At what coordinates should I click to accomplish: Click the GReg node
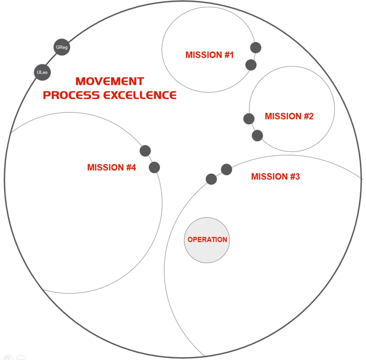62,47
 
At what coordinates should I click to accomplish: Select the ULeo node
42,72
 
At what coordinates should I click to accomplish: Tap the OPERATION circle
207,240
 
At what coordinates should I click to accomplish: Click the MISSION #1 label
209,55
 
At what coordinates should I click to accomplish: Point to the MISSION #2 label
289,116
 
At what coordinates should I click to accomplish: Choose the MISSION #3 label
276,176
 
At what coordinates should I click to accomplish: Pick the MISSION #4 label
111,167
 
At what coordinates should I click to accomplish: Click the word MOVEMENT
110,81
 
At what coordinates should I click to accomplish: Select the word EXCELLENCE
140,95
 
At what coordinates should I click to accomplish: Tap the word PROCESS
71,95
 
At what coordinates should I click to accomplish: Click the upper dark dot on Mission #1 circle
256,48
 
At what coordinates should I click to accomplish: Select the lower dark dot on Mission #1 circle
251,65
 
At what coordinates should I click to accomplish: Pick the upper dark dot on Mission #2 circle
249,119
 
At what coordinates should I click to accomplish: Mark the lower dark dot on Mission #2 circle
257,136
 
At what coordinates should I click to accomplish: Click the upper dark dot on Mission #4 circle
145,151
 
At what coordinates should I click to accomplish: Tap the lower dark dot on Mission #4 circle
154,167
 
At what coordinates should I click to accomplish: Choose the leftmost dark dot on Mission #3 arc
211,179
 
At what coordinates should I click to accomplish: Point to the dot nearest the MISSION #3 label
226,170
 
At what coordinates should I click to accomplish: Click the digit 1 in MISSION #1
231,55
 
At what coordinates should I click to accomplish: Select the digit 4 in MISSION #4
133,167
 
